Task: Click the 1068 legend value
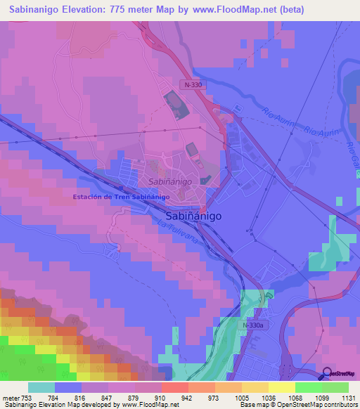tap(296, 397)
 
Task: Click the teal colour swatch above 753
tap(41, 387)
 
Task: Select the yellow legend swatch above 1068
tap(282, 387)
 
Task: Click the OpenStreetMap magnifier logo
tap(328, 373)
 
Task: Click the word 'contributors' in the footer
tap(337, 405)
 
